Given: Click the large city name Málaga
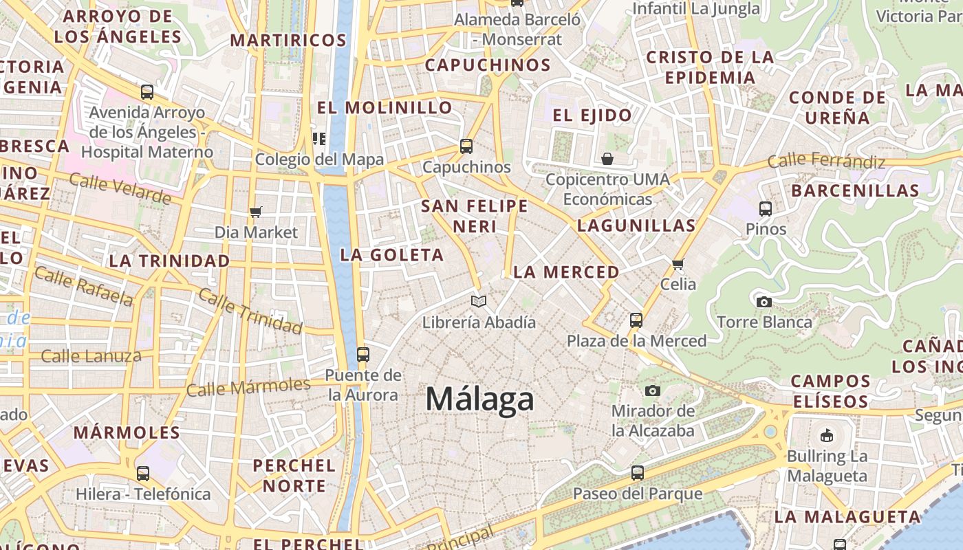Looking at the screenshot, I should point(479,399).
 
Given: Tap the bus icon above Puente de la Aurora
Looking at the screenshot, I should point(363,355).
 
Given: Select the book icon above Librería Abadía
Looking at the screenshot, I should point(479,301).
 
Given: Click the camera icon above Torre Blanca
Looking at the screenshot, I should point(764,302).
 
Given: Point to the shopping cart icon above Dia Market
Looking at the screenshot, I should point(256,212).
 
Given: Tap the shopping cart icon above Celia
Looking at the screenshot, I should point(678,264).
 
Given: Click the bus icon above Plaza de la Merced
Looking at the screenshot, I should point(636,320).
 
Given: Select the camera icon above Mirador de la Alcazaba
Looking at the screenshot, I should point(653,390).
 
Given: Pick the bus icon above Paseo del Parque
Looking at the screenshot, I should point(638,473).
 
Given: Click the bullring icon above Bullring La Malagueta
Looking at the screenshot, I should point(826,435).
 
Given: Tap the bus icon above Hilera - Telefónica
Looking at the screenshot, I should point(143,473).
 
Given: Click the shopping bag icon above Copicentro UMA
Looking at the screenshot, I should point(607,159).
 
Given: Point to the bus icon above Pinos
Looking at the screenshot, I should point(766,208).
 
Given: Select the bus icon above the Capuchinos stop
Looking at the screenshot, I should point(466,146).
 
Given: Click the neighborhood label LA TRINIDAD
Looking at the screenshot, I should point(169,261).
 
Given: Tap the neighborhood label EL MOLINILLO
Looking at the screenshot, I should point(385,107).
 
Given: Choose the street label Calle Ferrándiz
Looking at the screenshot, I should point(826,162).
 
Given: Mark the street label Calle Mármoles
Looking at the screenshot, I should point(248,387).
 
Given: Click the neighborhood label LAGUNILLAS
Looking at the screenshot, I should point(636,225).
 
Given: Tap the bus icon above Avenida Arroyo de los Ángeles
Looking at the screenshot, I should point(147,91).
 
